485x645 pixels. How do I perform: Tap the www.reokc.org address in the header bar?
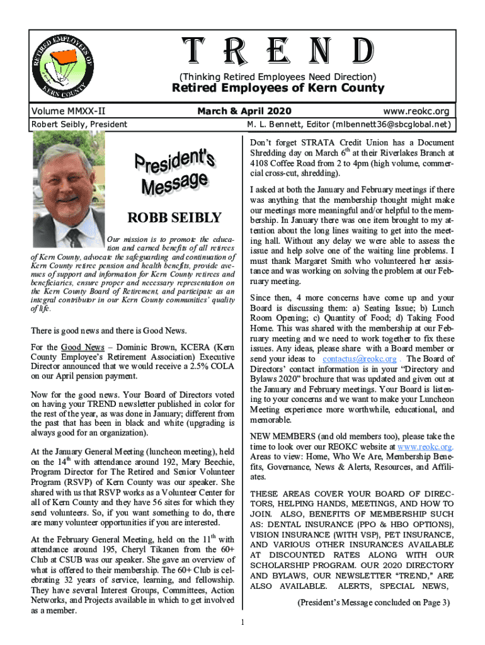(420, 111)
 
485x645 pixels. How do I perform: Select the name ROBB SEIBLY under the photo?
(174, 219)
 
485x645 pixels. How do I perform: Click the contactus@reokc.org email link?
(359, 359)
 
